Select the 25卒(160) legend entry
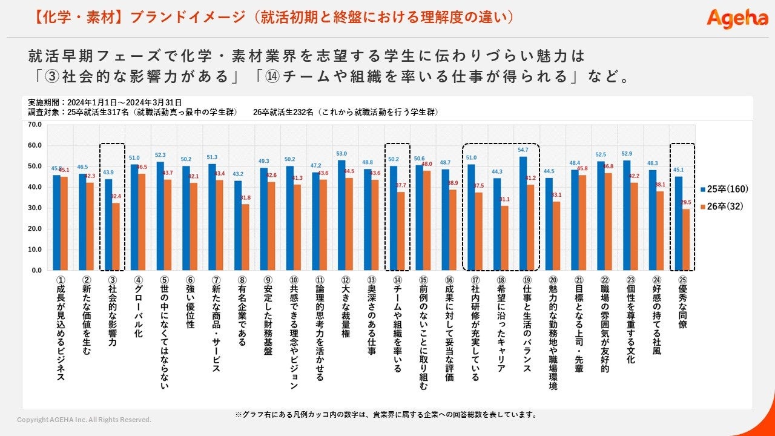(724, 189)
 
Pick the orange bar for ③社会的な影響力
(116, 236)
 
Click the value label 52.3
(160, 155)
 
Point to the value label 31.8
(246, 198)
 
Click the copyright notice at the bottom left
(84, 420)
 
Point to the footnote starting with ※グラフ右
(386, 415)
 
